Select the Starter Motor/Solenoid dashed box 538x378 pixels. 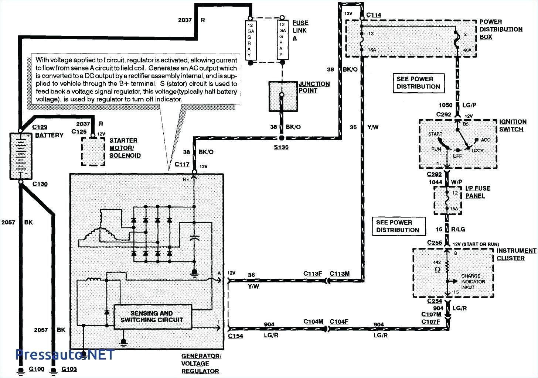pyautogui.click(x=93, y=152)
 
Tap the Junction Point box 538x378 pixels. pyautogui.click(x=282, y=96)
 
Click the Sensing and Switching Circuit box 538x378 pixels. pyautogui.click(x=152, y=317)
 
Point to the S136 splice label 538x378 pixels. pyautogui.click(x=282, y=147)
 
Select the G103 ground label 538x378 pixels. pyautogui.click(x=69, y=369)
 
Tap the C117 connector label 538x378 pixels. pyautogui.click(x=182, y=164)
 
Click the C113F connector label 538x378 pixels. pyautogui.click(x=313, y=274)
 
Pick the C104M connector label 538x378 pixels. pyautogui.click(x=313, y=322)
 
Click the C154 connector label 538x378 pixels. pyautogui.click(x=235, y=336)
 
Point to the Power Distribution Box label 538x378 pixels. pyautogui.click(x=501, y=30)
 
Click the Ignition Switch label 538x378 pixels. pyautogui.click(x=513, y=126)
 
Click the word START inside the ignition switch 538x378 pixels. pyautogui.click(x=435, y=134)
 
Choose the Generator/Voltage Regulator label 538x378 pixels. pyautogui.click(x=200, y=364)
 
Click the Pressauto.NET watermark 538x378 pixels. pyautogui.click(x=64, y=355)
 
